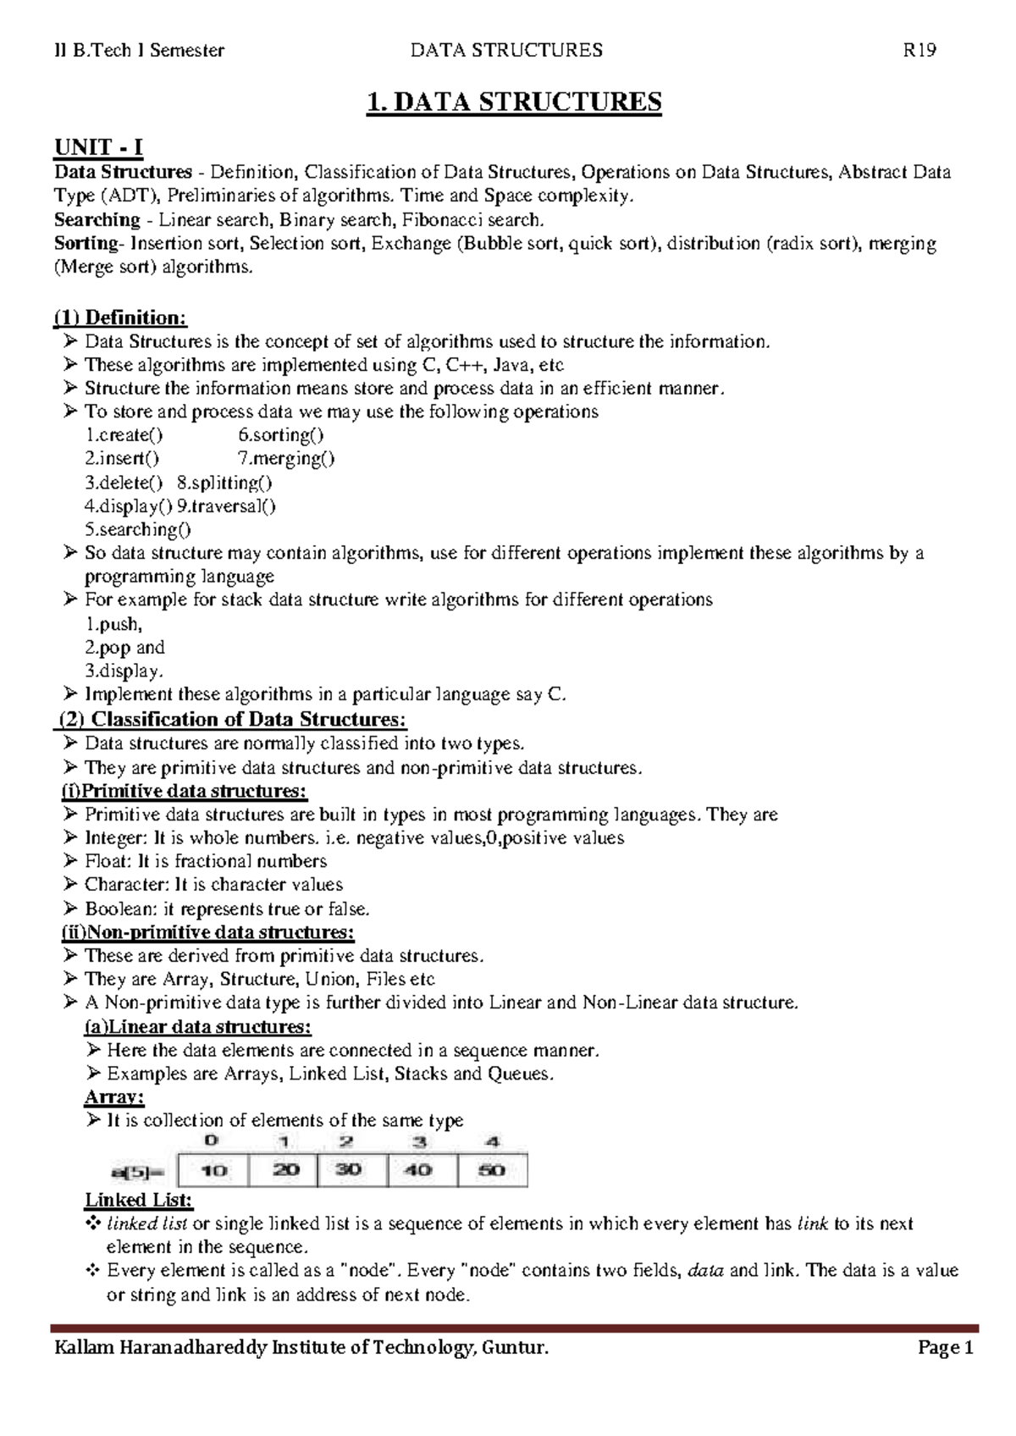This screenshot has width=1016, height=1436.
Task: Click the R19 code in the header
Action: click(919, 50)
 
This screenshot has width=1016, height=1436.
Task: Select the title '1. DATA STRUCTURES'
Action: click(514, 102)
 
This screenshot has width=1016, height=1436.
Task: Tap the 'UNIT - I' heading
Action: click(99, 147)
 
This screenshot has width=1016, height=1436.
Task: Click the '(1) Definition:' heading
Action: click(120, 318)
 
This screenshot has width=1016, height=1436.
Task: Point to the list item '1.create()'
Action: click(124, 435)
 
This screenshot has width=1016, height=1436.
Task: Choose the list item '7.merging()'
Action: click(286, 459)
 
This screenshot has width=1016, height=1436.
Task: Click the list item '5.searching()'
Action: click(138, 530)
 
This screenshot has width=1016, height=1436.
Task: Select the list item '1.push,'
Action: click(113, 624)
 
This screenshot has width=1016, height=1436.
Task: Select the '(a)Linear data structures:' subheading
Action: click(197, 1027)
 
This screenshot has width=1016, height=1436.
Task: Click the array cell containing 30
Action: click(350, 1169)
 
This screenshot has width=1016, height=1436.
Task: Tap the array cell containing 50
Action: click(492, 1169)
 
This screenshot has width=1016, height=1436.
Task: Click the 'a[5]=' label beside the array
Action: click(140, 1171)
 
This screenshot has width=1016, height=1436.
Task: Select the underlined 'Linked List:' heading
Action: click(139, 1200)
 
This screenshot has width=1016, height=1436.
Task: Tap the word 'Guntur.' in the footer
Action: click(515, 1347)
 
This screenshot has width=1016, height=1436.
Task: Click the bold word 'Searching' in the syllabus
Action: click(97, 220)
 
